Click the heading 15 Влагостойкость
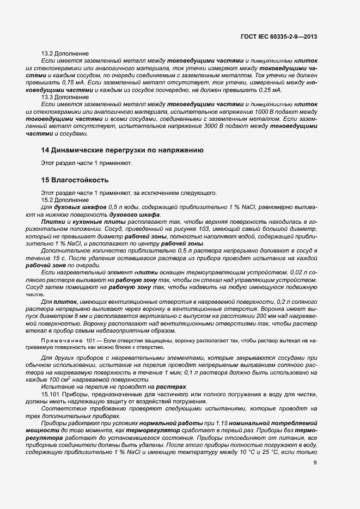(75, 180)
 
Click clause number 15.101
(51, 394)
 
